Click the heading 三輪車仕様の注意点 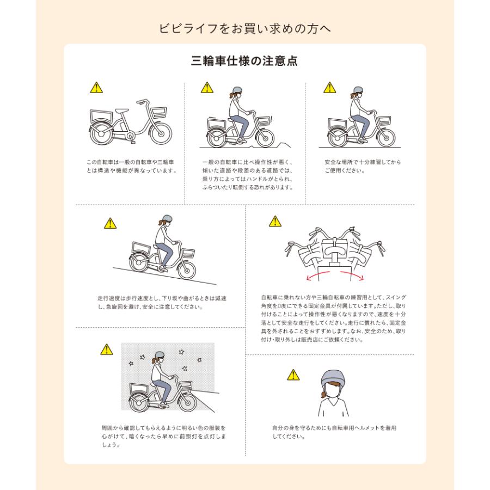(x=244, y=60)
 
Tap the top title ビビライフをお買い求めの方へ (x=244, y=28)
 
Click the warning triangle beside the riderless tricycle (x=96, y=88)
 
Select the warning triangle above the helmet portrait (x=293, y=375)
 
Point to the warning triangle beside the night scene (x=107, y=350)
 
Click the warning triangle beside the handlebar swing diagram (x=275, y=221)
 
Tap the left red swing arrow (x=317, y=275)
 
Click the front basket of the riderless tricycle (x=158, y=112)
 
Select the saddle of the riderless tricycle (x=122, y=111)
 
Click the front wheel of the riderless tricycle (x=160, y=133)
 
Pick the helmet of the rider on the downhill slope (x=167, y=218)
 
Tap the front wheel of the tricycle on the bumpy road (x=265, y=137)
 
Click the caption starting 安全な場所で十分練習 (x=363, y=166)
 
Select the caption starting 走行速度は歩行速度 (x=162, y=303)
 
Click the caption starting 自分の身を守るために (x=334, y=432)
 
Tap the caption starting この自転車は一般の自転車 (x=132, y=166)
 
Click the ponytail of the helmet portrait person (x=323, y=393)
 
